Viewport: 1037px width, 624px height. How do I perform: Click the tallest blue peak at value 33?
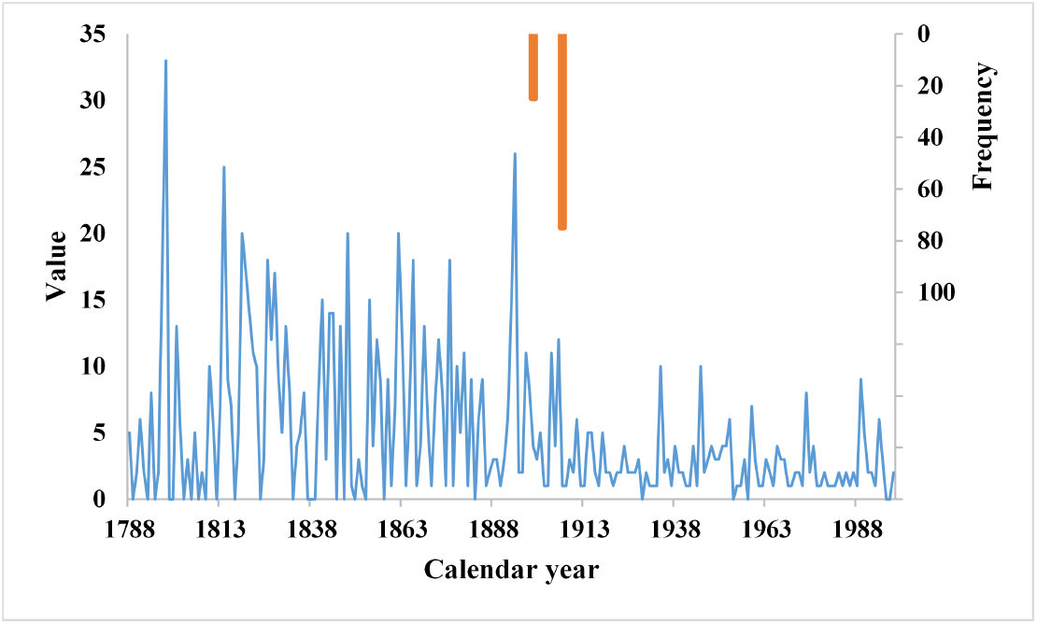(x=166, y=62)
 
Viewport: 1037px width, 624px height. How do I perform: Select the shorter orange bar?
(x=533, y=66)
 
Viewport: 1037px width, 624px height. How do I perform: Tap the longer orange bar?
(x=562, y=131)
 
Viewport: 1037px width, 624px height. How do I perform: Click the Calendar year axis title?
(x=511, y=569)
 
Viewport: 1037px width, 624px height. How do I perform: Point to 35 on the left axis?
(x=92, y=35)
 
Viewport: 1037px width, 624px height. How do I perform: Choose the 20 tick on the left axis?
(x=92, y=234)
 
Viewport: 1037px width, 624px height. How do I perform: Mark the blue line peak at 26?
(x=515, y=154)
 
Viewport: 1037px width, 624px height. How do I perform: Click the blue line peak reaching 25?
(x=224, y=168)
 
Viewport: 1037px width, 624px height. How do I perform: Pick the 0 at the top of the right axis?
(x=924, y=35)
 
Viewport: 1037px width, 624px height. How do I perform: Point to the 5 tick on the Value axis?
(x=98, y=433)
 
